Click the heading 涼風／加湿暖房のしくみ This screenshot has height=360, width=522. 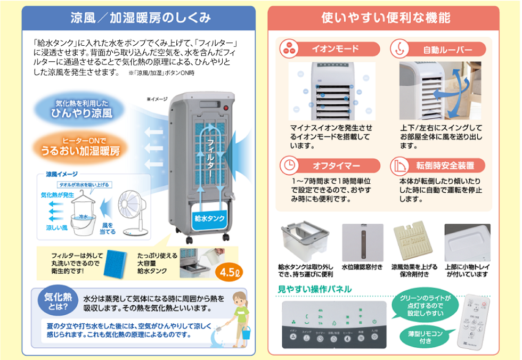click(x=140, y=18)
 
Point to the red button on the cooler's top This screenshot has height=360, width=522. click(x=226, y=109)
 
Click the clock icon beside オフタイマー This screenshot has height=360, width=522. click(x=289, y=165)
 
